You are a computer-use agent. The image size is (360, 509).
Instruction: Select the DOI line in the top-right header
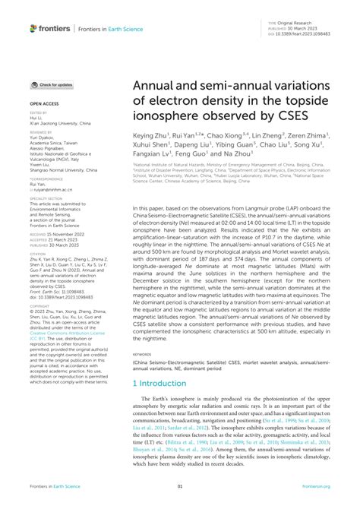(305, 33)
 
